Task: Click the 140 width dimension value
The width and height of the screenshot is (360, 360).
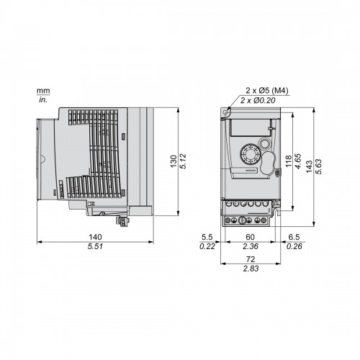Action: [95, 237]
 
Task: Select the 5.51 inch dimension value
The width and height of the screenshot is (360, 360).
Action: [95, 246]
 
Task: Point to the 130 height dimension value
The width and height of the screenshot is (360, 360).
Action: [174, 161]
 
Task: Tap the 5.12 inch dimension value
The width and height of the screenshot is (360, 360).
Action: [183, 161]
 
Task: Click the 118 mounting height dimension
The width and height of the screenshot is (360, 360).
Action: [288, 161]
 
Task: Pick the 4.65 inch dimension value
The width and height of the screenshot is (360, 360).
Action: [297, 161]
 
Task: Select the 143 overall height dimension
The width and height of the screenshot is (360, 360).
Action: [310, 166]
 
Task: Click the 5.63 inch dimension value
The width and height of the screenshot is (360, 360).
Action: [319, 166]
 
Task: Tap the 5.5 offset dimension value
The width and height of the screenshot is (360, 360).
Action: [207, 237]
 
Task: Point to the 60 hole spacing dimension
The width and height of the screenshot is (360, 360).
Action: [250, 237]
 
